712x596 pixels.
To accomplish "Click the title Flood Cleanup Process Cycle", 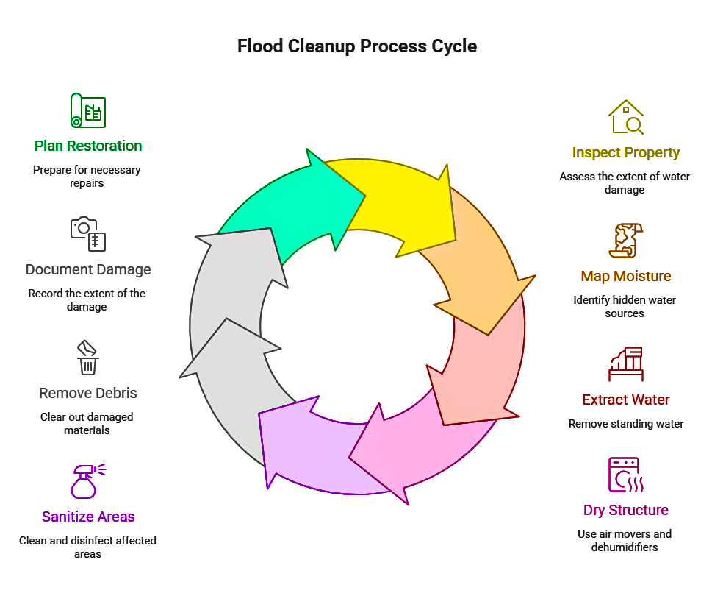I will point(356,46).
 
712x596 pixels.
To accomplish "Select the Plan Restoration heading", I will point(88,146).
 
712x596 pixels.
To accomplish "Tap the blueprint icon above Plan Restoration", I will point(87,111).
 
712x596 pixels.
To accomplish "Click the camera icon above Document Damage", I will point(87,234).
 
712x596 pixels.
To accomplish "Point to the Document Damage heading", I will point(88,269).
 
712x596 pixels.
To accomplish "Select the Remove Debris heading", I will point(88,393).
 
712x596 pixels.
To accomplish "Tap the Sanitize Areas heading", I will point(88,517).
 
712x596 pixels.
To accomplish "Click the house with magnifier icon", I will point(625,118).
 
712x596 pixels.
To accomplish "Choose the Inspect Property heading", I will point(625,153).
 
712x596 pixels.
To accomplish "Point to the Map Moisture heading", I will point(625,276).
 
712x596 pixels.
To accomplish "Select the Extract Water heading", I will point(625,400).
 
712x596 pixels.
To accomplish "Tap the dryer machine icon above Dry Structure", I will point(625,475).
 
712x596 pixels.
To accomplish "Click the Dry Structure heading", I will point(625,510).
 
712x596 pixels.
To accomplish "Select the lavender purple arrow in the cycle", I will point(309,449).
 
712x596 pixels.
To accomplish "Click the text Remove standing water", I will point(625,424).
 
